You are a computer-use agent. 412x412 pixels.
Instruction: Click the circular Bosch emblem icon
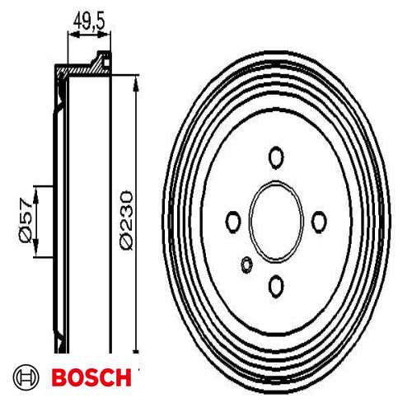(x=27, y=378)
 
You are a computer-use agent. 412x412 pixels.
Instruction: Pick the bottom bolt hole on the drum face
(x=276, y=286)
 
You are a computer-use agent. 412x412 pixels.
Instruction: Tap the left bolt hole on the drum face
(x=233, y=221)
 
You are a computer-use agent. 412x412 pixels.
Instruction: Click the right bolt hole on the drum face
(x=321, y=218)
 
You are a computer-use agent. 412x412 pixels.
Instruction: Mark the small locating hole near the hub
(x=246, y=264)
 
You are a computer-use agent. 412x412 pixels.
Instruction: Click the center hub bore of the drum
(x=277, y=220)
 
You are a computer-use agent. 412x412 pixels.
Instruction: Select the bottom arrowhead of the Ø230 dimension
(x=133, y=346)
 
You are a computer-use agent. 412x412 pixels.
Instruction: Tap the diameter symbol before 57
(x=24, y=236)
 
